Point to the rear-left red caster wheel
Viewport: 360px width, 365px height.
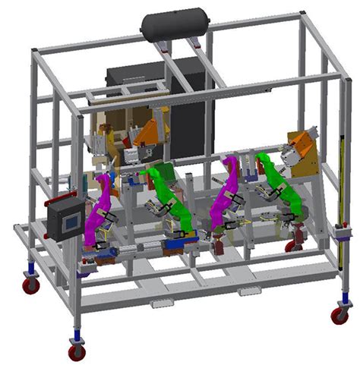[x=30, y=285]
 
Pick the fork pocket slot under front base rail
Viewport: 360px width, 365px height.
[x=161, y=304]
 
